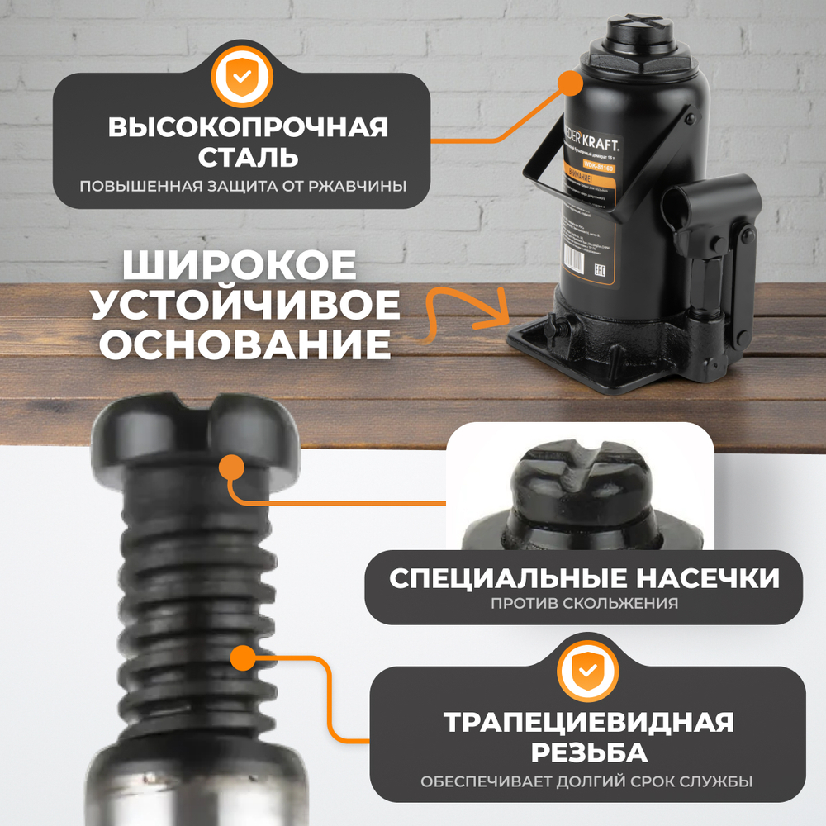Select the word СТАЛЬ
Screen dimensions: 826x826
(248, 156)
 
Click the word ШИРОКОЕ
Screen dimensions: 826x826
(240, 266)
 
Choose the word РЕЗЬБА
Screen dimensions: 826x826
(588, 752)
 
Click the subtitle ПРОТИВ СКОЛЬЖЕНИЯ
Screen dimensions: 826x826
(584, 603)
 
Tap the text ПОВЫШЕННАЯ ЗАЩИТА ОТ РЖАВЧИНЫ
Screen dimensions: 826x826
(243, 184)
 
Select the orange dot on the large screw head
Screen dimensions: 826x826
(232, 468)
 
